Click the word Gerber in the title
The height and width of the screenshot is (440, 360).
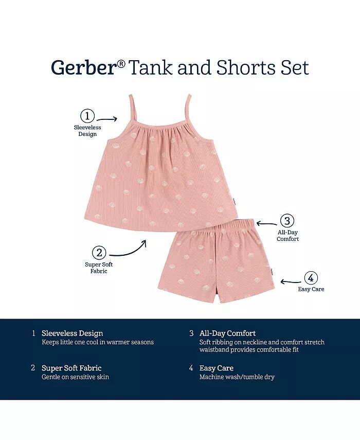pyautogui.click(x=83, y=67)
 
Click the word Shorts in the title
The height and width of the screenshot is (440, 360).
pyautogui.click(x=246, y=67)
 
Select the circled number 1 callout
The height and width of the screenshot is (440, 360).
pyautogui.click(x=87, y=116)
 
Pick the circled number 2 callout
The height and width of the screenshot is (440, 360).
pyautogui.click(x=99, y=253)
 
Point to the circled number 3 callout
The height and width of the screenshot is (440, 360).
pyautogui.click(x=287, y=221)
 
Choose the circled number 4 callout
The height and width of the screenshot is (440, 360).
pyautogui.click(x=311, y=278)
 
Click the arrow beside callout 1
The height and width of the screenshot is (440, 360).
pyautogui.click(x=106, y=119)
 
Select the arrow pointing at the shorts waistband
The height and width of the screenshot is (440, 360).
pyautogui.click(x=266, y=223)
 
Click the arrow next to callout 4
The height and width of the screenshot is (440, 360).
pyautogui.click(x=291, y=281)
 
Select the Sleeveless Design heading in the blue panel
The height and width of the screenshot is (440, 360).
pyautogui.click(x=73, y=333)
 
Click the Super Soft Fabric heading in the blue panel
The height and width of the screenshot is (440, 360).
pyautogui.click(x=71, y=368)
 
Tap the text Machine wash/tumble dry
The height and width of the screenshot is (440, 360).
pyautogui.click(x=237, y=377)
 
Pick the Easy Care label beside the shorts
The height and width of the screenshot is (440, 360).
pyautogui.click(x=311, y=289)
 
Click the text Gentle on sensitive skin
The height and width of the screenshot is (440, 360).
pyautogui.click(x=76, y=377)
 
